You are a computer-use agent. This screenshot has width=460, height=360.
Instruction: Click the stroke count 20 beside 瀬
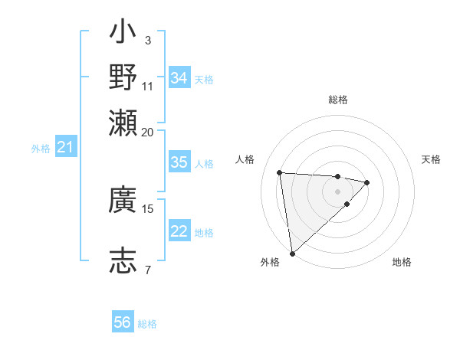pyautogui.click(x=148, y=132)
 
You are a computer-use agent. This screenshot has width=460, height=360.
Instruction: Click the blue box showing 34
pyautogui.click(x=179, y=77)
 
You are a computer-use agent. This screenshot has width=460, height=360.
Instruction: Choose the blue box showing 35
pyautogui.click(x=179, y=162)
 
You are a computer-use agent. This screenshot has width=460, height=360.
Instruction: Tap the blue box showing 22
pyautogui.click(x=179, y=231)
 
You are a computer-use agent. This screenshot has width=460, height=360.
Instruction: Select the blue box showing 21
pyautogui.click(x=65, y=147)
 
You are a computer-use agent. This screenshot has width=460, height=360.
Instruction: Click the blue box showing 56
pyautogui.click(x=122, y=322)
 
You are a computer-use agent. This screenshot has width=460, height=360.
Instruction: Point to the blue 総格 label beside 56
pyautogui.click(x=147, y=324)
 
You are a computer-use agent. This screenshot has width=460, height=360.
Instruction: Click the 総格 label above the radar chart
pyautogui.click(x=337, y=100)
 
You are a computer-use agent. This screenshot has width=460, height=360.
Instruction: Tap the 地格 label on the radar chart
pyautogui.click(x=402, y=262)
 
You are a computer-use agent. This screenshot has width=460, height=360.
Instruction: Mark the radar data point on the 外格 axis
pyautogui.click(x=292, y=254)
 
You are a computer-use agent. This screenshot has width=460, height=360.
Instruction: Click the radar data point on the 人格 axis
pyautogui.click(x=280, y=172)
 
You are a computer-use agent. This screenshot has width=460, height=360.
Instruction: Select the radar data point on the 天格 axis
pyautogui.click(x=367, y=182)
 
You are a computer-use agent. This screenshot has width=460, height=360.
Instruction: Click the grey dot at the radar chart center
pyautogui.click(x=337, y=191)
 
